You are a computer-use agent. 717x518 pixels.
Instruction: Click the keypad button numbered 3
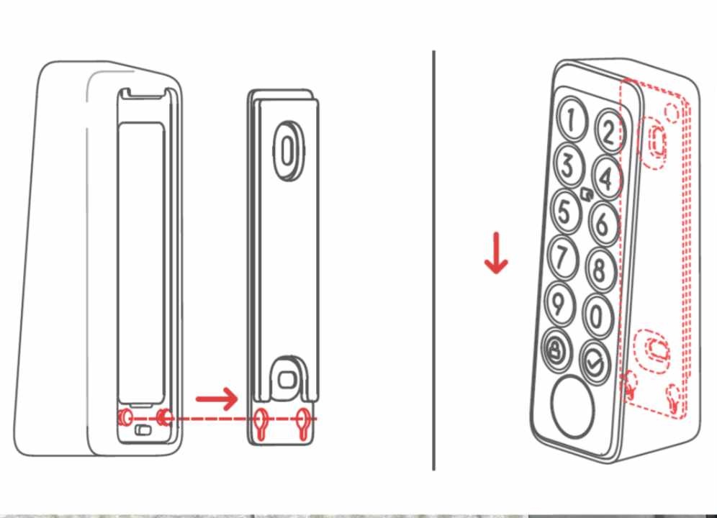click(569, 165)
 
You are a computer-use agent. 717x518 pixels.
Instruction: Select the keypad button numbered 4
click(606, 177)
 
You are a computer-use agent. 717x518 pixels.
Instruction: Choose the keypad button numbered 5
click(565, 212)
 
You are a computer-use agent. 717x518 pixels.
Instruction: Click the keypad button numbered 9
click(558, 303)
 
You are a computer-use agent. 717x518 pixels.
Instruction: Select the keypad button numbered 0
click(597, 315)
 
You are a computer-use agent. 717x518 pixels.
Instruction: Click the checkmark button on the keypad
click(594, 361)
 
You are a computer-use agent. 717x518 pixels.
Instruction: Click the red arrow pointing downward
click(496, 256)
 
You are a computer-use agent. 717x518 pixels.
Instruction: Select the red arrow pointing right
click(217, 398)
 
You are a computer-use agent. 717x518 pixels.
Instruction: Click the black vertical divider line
click(434, 259)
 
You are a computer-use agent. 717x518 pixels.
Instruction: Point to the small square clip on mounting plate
click(288, 378)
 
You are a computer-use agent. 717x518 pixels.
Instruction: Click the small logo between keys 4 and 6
click(586, 194)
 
